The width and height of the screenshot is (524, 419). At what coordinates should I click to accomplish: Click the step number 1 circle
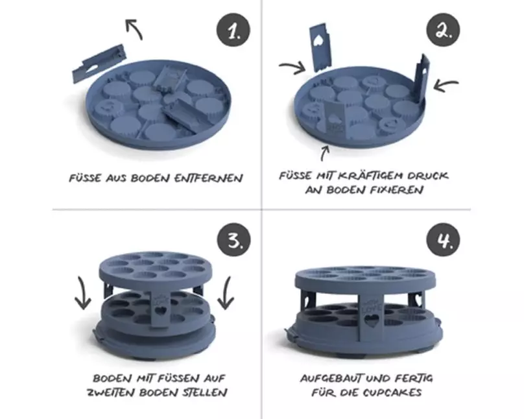click(x=233, y=30)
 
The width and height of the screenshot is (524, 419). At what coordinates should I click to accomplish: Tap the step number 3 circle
click(x=233, y=240)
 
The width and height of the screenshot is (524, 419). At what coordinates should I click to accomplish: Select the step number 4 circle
click(x=443, y=240)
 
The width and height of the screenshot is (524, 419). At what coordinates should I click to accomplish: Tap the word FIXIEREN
click(x=397, y=190)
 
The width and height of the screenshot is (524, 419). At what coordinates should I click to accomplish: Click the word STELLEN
click(x=205, y=392)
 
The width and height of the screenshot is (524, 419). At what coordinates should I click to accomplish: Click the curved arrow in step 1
click(x=134, y=29)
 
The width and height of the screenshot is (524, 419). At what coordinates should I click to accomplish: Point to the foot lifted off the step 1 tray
click(x=99, y=63)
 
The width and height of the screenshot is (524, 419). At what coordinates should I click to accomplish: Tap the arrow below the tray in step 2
click(x=324, y=154)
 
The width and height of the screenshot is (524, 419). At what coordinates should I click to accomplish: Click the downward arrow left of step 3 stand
click(x=82, y=293)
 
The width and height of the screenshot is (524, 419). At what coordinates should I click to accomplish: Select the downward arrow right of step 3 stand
click(x=226, y=293)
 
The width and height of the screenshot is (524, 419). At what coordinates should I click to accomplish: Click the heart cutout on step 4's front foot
click(x=370, y=320)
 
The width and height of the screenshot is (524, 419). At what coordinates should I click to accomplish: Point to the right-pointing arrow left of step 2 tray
click(x=292, y=67)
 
